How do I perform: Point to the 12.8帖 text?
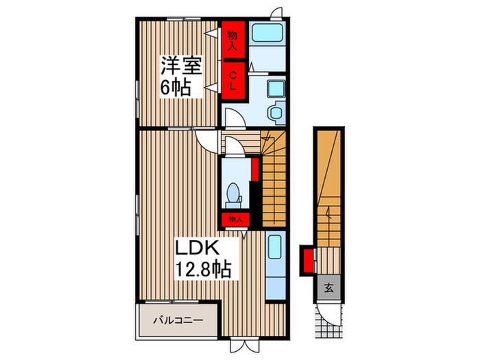tap(202, 267)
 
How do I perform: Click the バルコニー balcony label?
tap(177, 320)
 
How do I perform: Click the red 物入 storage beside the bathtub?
tap(232, 41)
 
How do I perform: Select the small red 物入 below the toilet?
tap(235, 219)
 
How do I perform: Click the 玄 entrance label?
tap(328, 288)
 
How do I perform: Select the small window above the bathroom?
tap(276, 12)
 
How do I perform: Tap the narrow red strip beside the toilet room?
tap(254, 169)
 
